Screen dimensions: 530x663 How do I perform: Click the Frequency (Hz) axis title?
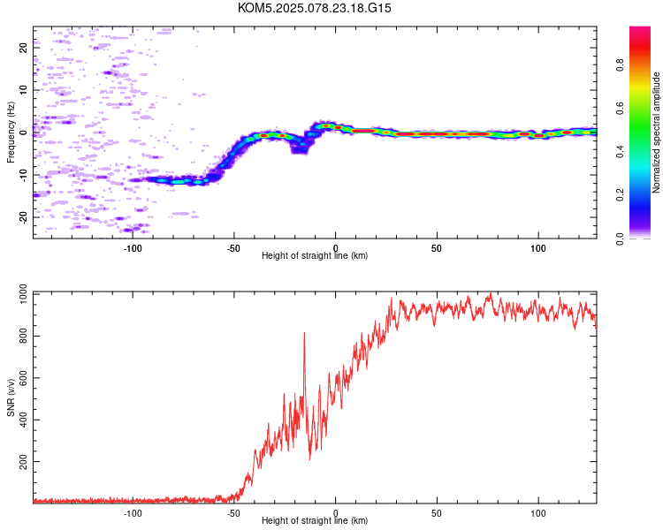(x=10, y=132)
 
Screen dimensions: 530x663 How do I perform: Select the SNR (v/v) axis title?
(x=10, y=398)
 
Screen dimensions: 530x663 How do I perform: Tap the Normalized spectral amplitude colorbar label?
(x=657, y=132)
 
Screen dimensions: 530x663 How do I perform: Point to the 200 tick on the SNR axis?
(x=21, y=462)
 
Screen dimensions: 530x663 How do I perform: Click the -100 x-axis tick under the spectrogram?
(x=133, y=247)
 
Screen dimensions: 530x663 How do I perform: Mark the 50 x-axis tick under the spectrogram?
(x=437, y=247)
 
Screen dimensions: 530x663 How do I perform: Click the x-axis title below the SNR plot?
(x=315, y=521)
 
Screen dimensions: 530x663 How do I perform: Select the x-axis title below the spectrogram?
(x=315, y=256)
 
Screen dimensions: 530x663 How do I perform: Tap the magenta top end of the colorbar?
(x=640, y=30)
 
